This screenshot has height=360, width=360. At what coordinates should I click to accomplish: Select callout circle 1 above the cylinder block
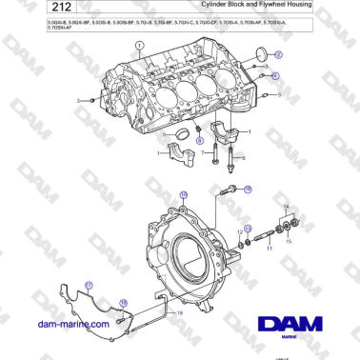[x=140, y=46]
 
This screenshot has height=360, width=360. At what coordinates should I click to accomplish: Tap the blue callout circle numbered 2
[x=277, y=54]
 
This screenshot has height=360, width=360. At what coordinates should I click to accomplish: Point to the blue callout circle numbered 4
[x=275, y=74]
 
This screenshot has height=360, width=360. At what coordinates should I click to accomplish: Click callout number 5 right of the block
[x=278, y=95]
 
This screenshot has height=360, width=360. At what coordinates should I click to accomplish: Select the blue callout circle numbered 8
[x=199, y=140]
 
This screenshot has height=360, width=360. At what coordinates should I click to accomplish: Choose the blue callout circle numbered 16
[x=248, y=190]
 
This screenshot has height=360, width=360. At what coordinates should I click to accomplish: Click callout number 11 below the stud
[x=268, y=248]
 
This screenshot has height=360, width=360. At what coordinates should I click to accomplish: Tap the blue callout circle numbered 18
[x=122, y=302]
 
